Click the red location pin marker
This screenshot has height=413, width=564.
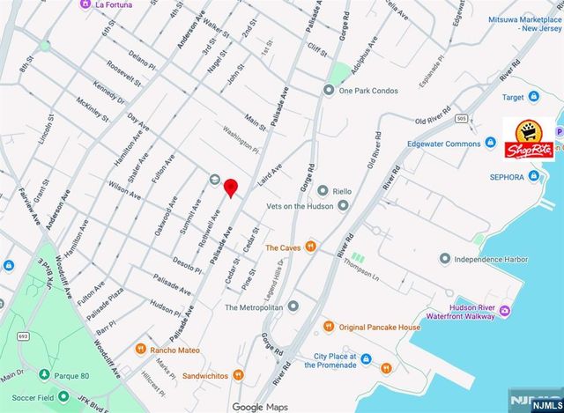[x=231, y=188]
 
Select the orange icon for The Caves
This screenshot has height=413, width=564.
[x=310, y=247]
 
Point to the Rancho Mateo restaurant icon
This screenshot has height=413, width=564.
[x=141, y=350]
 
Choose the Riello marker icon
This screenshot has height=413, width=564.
[x=323, y=190]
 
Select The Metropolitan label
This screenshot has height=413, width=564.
[x=254, y=307]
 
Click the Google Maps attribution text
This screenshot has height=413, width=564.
[x=261, y=407]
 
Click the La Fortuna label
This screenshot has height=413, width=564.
[x=115, y=4]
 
